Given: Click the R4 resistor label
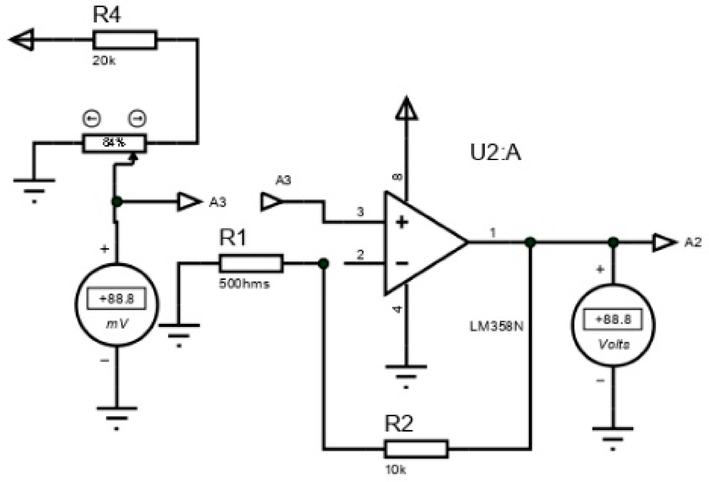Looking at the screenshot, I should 107,15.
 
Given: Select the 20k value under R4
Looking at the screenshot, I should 104,60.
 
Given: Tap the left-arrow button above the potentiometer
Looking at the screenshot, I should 91,119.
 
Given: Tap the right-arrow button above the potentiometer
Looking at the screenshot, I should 137,119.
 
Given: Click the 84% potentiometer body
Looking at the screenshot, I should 114,143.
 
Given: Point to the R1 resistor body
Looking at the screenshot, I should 251,263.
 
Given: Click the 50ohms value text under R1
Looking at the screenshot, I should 244,284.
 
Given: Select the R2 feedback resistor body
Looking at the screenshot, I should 416,449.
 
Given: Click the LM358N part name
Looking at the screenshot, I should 496,327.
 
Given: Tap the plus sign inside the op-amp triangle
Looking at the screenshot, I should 402,223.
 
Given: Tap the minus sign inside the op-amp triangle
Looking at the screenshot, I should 402,263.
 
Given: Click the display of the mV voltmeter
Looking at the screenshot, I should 116,299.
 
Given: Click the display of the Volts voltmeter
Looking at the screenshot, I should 613,319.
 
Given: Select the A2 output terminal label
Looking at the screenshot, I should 693,243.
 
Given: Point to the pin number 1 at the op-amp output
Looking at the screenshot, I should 493,233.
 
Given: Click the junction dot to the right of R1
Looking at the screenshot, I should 324,263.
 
